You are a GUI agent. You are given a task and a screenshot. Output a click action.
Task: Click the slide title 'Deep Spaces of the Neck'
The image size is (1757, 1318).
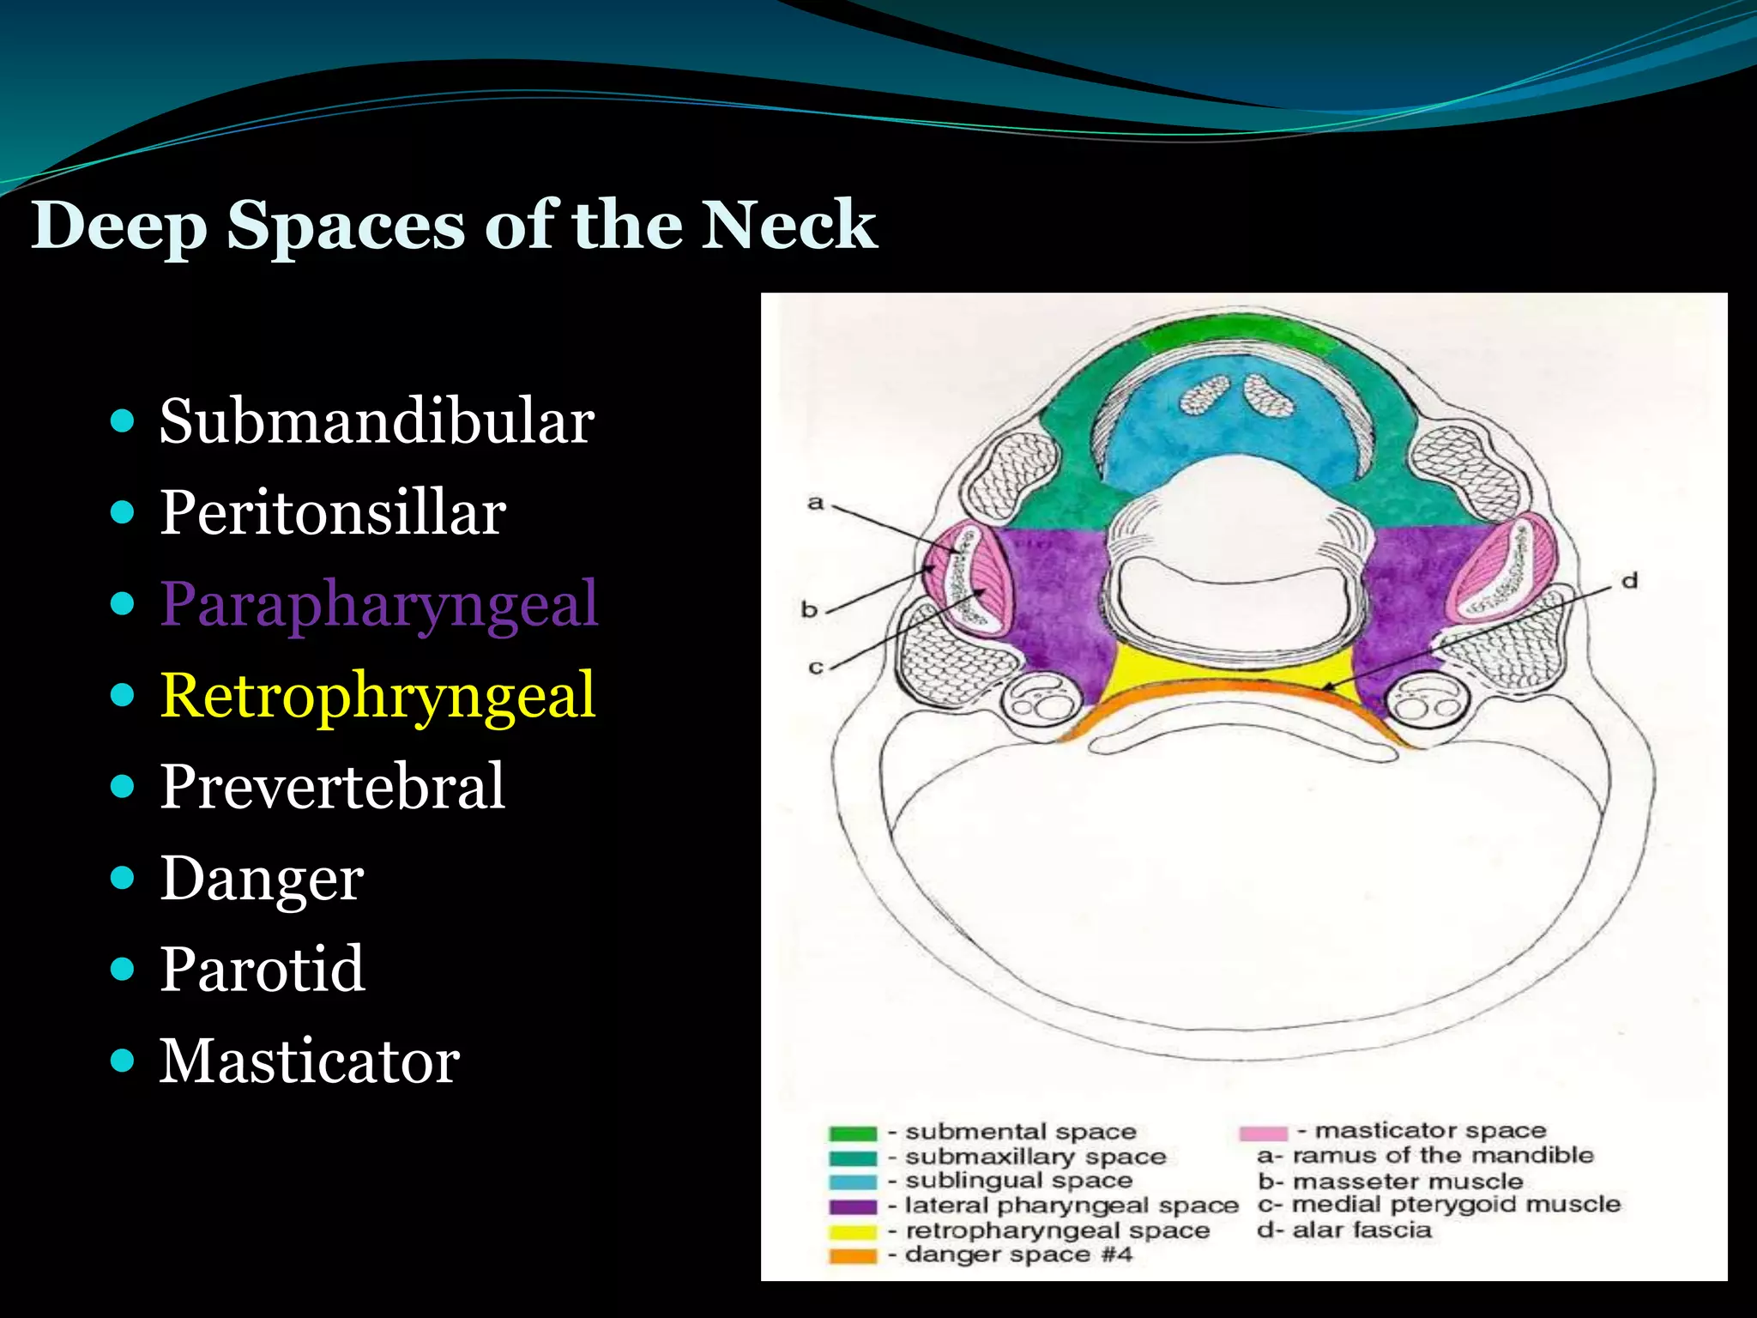(454, 225)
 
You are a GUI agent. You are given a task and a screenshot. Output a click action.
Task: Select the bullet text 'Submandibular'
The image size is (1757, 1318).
(377, 421)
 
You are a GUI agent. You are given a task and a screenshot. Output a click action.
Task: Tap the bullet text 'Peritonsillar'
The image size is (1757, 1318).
(333, 513)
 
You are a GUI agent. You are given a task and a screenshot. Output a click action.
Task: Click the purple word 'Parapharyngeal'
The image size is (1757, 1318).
(378, 604)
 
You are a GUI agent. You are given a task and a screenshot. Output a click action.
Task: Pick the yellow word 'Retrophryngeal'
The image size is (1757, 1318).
(377, 695)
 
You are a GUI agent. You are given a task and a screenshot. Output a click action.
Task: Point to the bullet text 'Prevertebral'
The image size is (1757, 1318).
(333, 786)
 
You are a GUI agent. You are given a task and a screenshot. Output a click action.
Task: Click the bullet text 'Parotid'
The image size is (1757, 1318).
(263, 970)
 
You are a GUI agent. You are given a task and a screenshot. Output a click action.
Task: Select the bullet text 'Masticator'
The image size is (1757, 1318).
(310, 1061)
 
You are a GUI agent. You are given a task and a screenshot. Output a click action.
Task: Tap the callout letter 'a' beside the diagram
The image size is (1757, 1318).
(815, 502)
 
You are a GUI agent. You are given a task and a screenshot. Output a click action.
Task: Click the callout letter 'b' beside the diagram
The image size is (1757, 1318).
(809, 609)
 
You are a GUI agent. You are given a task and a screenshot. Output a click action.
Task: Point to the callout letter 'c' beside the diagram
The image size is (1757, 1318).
(815, 667)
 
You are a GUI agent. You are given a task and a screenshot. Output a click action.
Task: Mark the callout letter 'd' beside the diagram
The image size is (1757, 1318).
(1629, 581)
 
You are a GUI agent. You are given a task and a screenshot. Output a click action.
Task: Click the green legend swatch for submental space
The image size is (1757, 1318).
(853, 1134)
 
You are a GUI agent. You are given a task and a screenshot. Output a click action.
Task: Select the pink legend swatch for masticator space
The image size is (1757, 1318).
(1263, 1133)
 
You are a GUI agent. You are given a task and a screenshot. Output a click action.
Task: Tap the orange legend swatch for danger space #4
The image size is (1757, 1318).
(853, 1256)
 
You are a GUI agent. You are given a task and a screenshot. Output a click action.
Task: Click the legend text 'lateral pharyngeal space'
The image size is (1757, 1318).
(1072, 1206)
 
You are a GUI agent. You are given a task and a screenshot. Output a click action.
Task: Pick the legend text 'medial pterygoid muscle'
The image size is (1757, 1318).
(1456, 1205)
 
